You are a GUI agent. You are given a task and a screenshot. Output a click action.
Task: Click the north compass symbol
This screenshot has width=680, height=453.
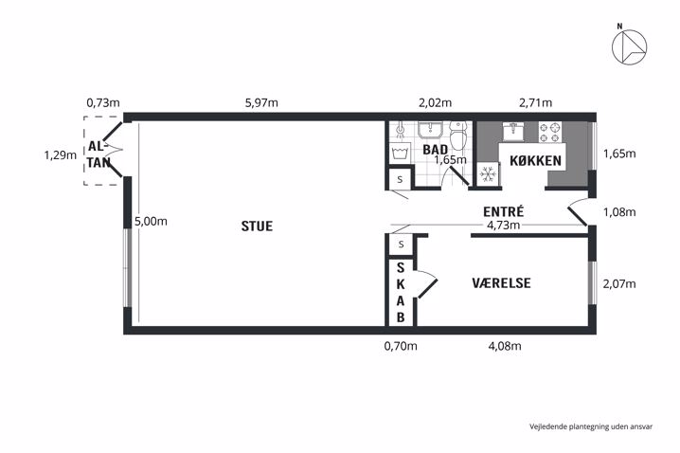(x=629, y=46)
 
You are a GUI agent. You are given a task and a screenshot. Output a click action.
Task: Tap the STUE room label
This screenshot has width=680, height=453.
(x=257, y=226)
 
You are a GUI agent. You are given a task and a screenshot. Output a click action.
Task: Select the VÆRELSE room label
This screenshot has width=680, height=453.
(x=501, y=283)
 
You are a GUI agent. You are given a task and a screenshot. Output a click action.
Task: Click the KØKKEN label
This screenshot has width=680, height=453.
(x=536, y=160)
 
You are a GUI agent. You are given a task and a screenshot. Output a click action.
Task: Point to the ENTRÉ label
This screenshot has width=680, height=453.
(x=504, y=211)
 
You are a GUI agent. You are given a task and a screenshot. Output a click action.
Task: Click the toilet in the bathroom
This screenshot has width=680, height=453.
(x=456, y=135)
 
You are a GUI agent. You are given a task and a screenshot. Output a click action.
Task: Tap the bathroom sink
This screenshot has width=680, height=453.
(x=430, y=130)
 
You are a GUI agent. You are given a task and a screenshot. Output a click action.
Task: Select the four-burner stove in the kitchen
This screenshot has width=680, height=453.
(x=550, y=133)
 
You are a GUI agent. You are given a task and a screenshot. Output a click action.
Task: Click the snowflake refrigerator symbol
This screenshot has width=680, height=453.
(x=489, y=174)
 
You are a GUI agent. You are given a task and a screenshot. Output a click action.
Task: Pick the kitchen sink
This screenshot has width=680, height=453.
(x=513, y=131)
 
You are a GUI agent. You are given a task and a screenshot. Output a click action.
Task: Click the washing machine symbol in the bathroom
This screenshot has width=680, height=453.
(x=400, y=153)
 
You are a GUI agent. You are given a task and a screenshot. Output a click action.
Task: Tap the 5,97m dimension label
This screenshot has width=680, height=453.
(x=261, y=103)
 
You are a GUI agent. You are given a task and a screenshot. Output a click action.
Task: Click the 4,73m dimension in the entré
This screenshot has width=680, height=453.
(x=503, y=225)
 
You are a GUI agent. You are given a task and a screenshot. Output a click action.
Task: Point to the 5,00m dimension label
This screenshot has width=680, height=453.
(x=151, y=222)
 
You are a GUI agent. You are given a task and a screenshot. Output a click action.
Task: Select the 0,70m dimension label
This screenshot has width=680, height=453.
(x=401, y=346)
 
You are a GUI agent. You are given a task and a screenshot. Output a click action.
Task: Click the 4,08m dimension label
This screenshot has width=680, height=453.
(x=505, y=346)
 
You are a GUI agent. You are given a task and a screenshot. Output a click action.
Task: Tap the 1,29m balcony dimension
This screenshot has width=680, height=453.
(x=61, y=154)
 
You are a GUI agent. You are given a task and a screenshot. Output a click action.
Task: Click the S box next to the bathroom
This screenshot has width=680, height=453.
(x=400, y=179)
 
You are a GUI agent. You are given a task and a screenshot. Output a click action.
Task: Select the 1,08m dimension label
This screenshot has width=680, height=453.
(x=619, y=212)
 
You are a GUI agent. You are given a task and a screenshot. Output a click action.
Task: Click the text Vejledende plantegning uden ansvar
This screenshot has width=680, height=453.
(x=591, y=426)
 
